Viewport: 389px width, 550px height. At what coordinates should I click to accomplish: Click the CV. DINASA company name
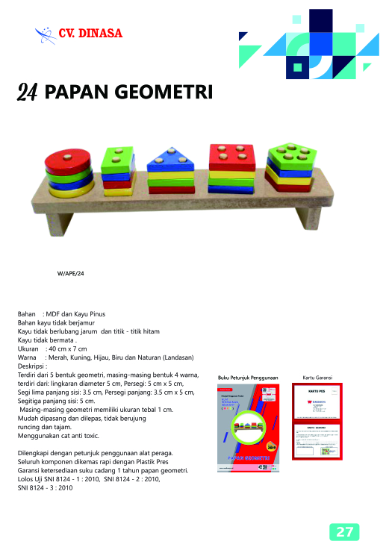[x=90, y=33]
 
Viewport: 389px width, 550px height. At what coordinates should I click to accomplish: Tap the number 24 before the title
[x=27, y=92]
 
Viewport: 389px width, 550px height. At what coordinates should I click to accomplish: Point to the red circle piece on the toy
[x=69, y=160]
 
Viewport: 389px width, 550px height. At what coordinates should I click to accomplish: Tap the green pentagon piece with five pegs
[x=290, y=156]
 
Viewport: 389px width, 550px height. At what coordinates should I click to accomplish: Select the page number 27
[x=344, y=531]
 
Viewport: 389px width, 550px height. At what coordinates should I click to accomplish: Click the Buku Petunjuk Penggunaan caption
[x=247, y=378]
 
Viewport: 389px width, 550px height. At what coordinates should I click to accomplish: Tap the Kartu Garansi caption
[x=318, y=378]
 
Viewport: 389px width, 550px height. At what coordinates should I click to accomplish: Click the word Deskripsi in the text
[x=32, y=366]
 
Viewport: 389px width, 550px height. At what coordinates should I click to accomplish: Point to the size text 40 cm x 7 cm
[x=67, y=349]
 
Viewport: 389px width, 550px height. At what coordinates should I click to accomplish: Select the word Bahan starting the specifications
[x=27, y=314]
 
